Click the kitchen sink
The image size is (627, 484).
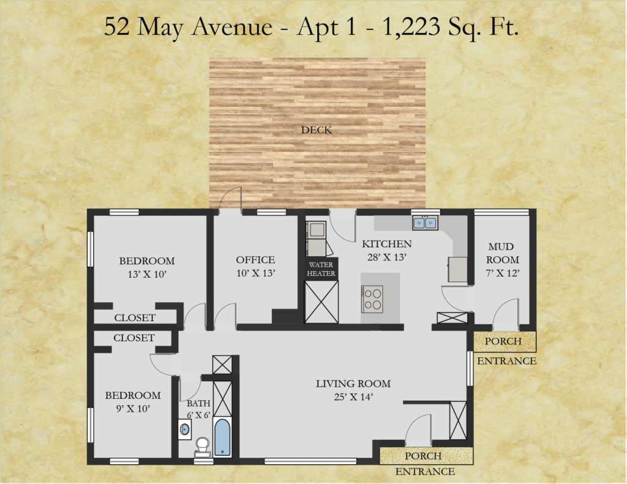(x=425, y=223)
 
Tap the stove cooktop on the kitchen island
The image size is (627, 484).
(x=372, y=299)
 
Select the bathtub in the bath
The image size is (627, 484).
(x=222, y=437)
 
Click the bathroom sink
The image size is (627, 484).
(x=185, y=430)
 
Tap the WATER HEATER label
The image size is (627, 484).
(x=321, y=269)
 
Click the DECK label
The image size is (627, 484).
(x=317, y=130)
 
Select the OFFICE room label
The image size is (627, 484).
(x=255, y=260)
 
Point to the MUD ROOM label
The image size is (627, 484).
(x=502, y=253)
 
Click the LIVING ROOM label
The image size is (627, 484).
(x=353, y=384)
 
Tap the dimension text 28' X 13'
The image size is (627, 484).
(x=387, y=258)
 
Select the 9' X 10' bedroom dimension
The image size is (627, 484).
(x=133, y=409)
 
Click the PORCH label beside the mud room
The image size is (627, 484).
(x=503, y=341)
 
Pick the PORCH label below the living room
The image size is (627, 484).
(x=423, y=456)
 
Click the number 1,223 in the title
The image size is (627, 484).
(x=411, y=27)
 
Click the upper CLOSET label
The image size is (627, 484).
(x=135, y=318)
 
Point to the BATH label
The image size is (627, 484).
(x=198, y=403)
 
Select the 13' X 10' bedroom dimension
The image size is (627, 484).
(x=147, y=274)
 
